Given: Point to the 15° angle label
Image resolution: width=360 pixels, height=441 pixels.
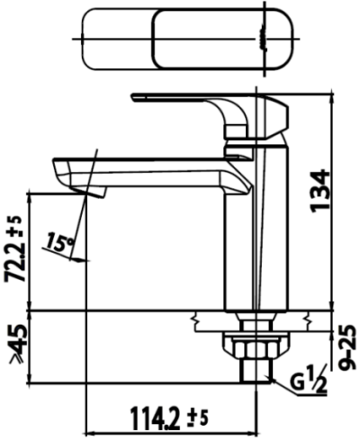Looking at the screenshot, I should tap(60, 243).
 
